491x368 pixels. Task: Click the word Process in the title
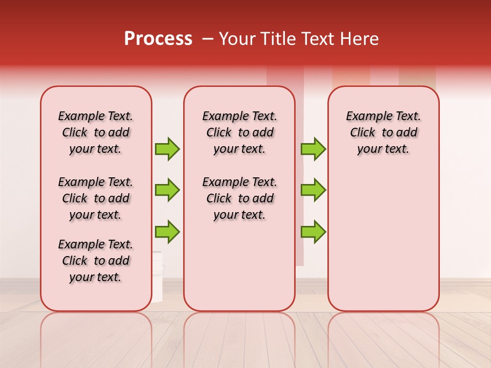pyautogui.click(x=158, y=39)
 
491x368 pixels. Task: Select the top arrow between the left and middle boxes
pyautogui.click(x=167, y=149)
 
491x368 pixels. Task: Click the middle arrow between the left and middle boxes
pyautogui.click(x=167, y=190)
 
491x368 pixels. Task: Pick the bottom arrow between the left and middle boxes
pyautogui.click(x=167, y=232)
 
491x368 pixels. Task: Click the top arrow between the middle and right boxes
pyautogui.click(x=313, y=149)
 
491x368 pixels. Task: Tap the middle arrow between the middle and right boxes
pyautogui.click(x=313, y=190)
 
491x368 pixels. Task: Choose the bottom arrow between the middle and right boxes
pyautogui.click(x=313, y=232)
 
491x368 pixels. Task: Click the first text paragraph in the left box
pyautogui.click(x=96, y=132)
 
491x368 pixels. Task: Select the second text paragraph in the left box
pyautogui.click(x=96, y=198)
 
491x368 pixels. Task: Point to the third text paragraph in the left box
pyautogui.click(x=96, y=261)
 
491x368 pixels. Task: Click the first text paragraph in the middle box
pyautogui.click(x=240, y=132)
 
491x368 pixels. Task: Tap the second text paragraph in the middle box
pyautogui.click(x=240, y=198)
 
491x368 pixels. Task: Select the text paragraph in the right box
pyautogui.click(x=383, y=132)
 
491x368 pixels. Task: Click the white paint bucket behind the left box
pyautogui.click(x=157, y=276)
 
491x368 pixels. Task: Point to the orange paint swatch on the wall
pyautogui.click(x=350, y=77)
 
